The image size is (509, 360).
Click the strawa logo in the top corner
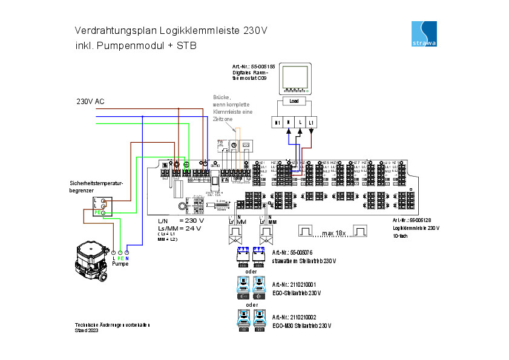click(424, 33)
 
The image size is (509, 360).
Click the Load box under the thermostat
click(294, 101)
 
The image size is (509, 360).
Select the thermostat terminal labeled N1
click(277, 122)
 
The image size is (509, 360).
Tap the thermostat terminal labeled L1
click(311, 122)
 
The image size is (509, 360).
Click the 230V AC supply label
click(90, 101)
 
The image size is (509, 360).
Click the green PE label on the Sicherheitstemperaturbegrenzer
click(97, 212)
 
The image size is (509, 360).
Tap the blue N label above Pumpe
click(127, 258)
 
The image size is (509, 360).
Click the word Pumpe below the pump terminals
click(120, 264)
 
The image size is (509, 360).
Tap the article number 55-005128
click(421, 220)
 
